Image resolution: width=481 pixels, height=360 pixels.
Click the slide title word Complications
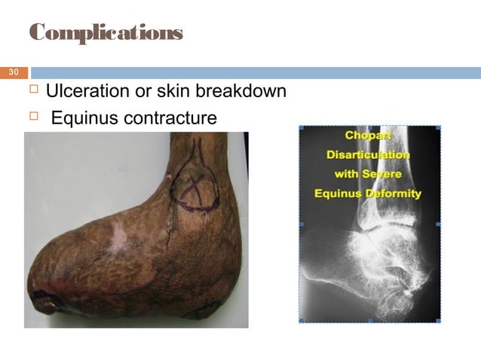[106, 32]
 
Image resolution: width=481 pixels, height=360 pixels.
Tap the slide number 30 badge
[13, 73]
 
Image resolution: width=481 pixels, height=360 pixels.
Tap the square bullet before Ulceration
[32, 92]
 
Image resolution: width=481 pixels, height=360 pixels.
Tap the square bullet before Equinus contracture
[32, 117]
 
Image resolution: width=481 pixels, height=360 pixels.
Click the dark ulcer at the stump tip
[47, 303]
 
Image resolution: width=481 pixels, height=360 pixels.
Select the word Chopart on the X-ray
[366, 136]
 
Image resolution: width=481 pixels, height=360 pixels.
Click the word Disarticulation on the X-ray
[368, 155]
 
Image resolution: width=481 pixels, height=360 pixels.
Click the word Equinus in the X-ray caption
[338, 194]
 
